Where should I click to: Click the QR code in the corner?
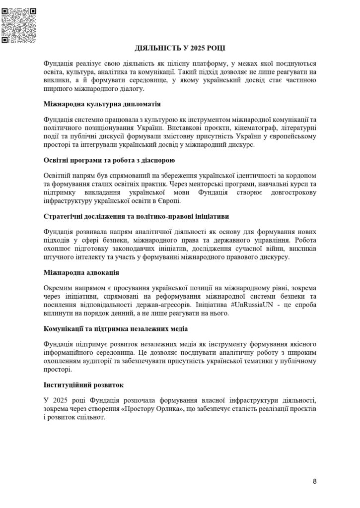click(19, 25)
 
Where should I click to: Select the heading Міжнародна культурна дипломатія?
click(101, 105)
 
